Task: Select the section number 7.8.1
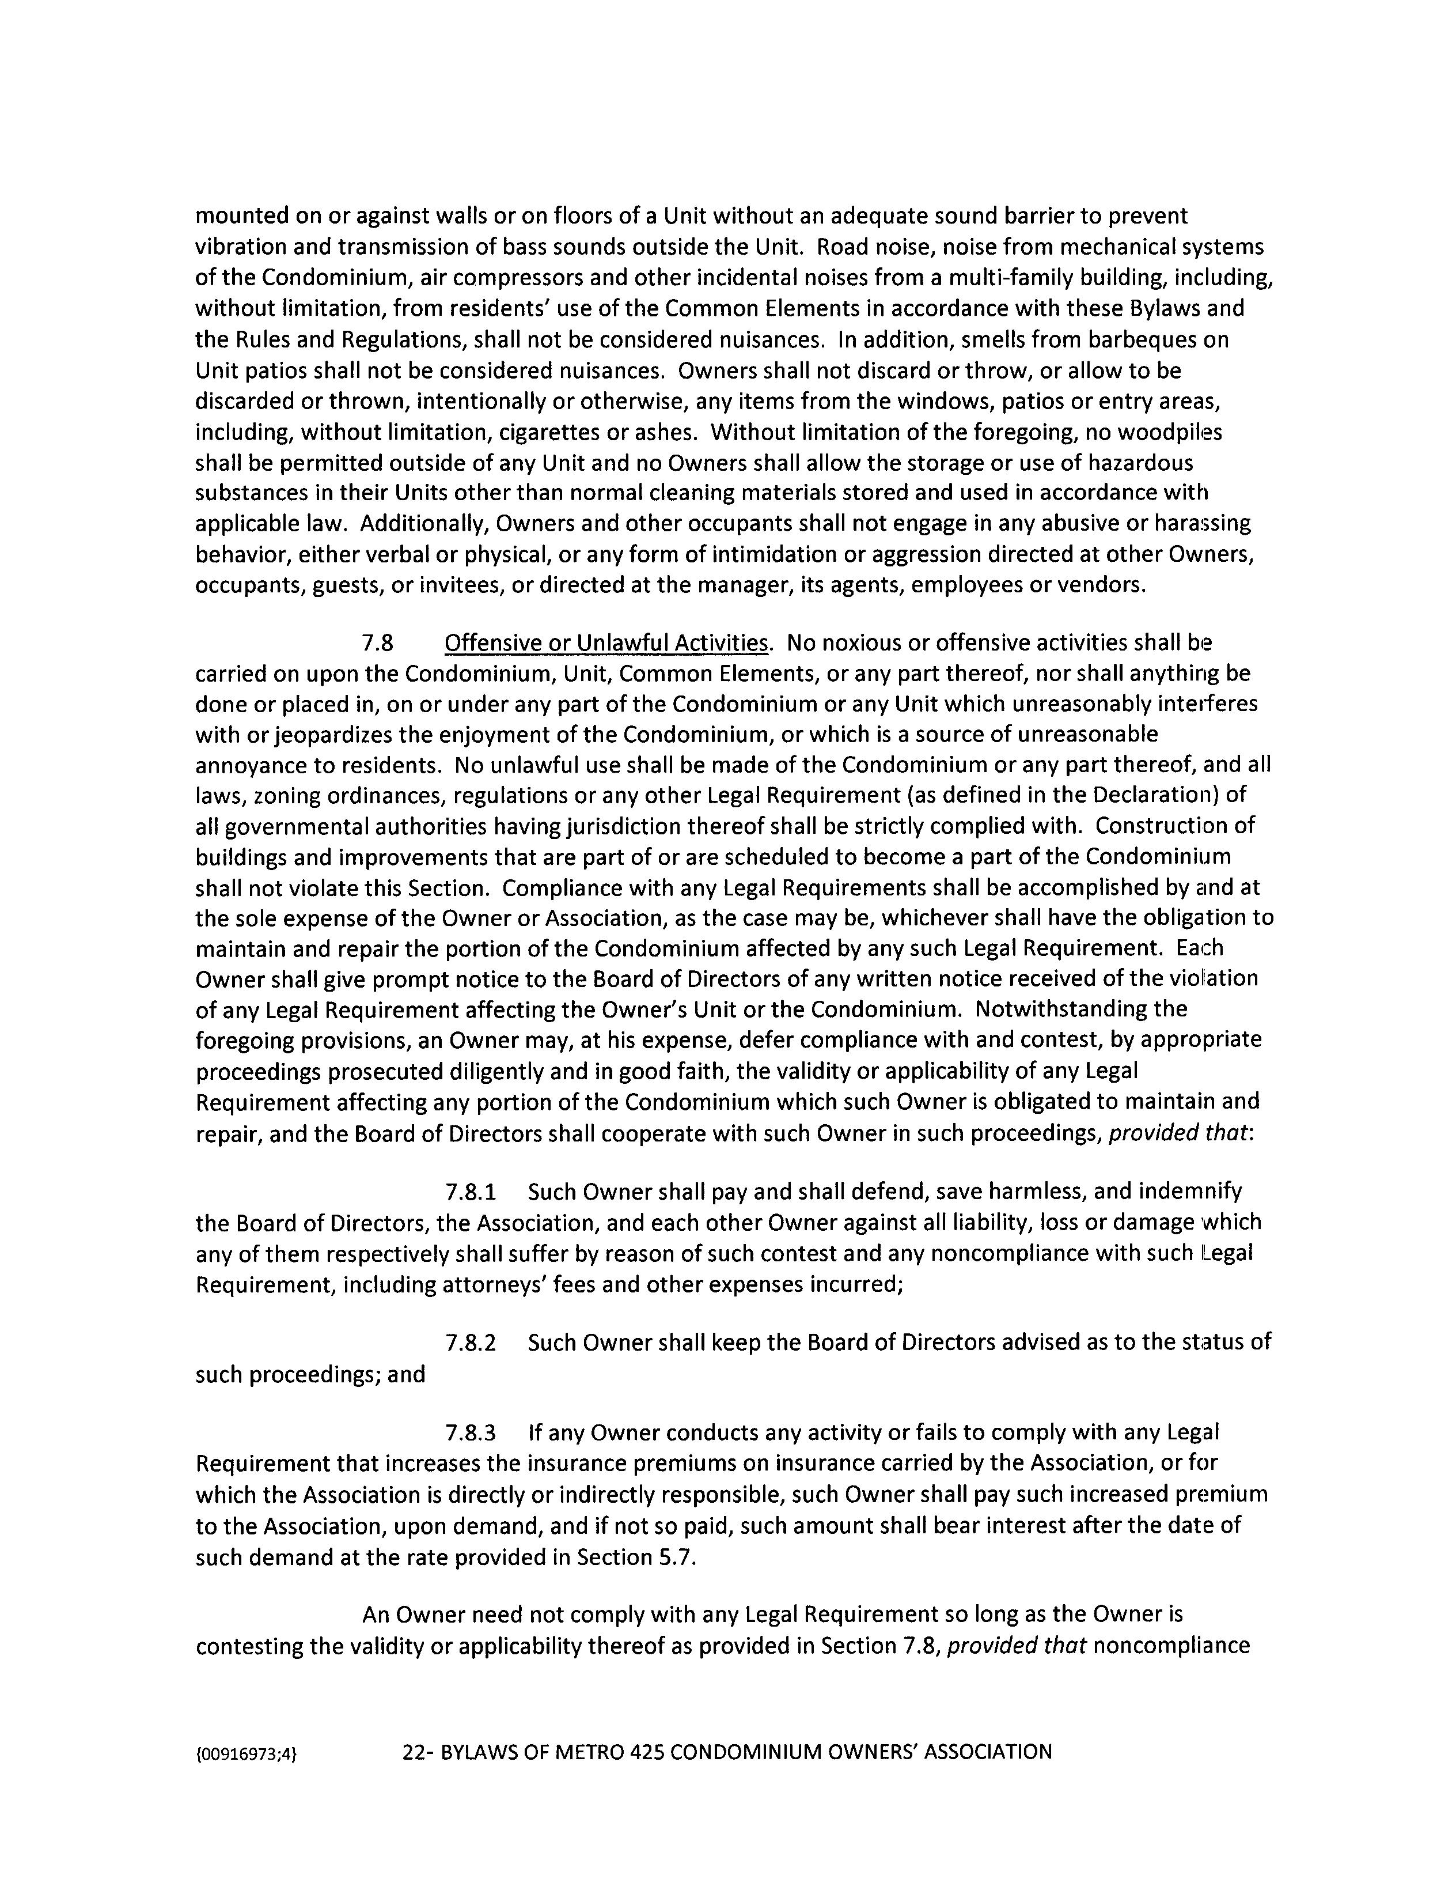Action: [471, 1192]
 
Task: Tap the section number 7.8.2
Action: [471, 1343]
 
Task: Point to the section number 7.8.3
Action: [471, 1433]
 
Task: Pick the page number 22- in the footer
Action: [419, 1752]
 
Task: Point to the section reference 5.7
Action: [677, 1557]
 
